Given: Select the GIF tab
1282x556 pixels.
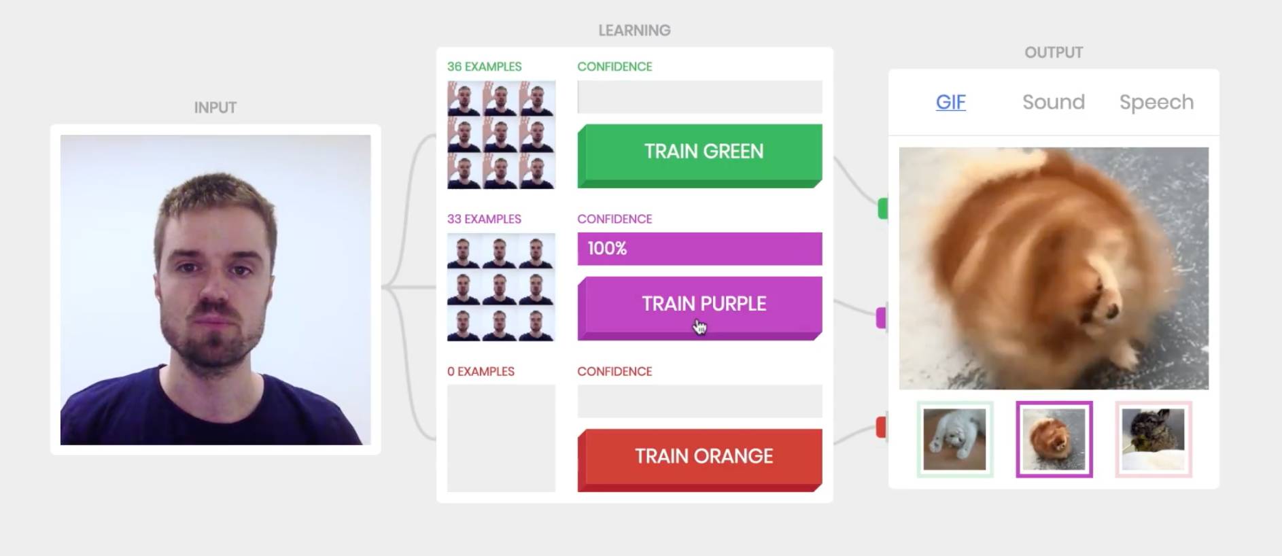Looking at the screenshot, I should (950, 102).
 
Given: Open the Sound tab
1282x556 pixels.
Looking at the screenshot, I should (1053, 102).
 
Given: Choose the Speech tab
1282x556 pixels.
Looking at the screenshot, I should (1156, 102).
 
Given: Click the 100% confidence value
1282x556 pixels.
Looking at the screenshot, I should (607, 249).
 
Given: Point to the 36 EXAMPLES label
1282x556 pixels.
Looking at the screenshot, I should (484, 67).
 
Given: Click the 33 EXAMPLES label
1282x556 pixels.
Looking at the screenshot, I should (484, 219).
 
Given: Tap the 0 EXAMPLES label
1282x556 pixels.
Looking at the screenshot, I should (481, 371).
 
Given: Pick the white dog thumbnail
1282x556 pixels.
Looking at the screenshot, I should (954, 439).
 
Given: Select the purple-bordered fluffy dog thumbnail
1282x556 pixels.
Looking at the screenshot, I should (1054, 439).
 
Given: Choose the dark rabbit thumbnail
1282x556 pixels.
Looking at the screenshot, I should (1153, 439).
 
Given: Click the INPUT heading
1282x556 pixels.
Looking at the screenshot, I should (215, 107).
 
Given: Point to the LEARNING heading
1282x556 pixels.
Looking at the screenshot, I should (634, 31).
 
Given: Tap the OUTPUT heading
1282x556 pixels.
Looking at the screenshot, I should (1054, 52).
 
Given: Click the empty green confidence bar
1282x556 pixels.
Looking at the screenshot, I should (699, 97).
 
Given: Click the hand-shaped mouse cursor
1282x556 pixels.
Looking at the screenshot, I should (699, 328).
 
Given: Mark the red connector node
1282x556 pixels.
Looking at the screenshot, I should (881, 428).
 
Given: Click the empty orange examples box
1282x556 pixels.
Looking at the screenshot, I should (501, 438).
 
